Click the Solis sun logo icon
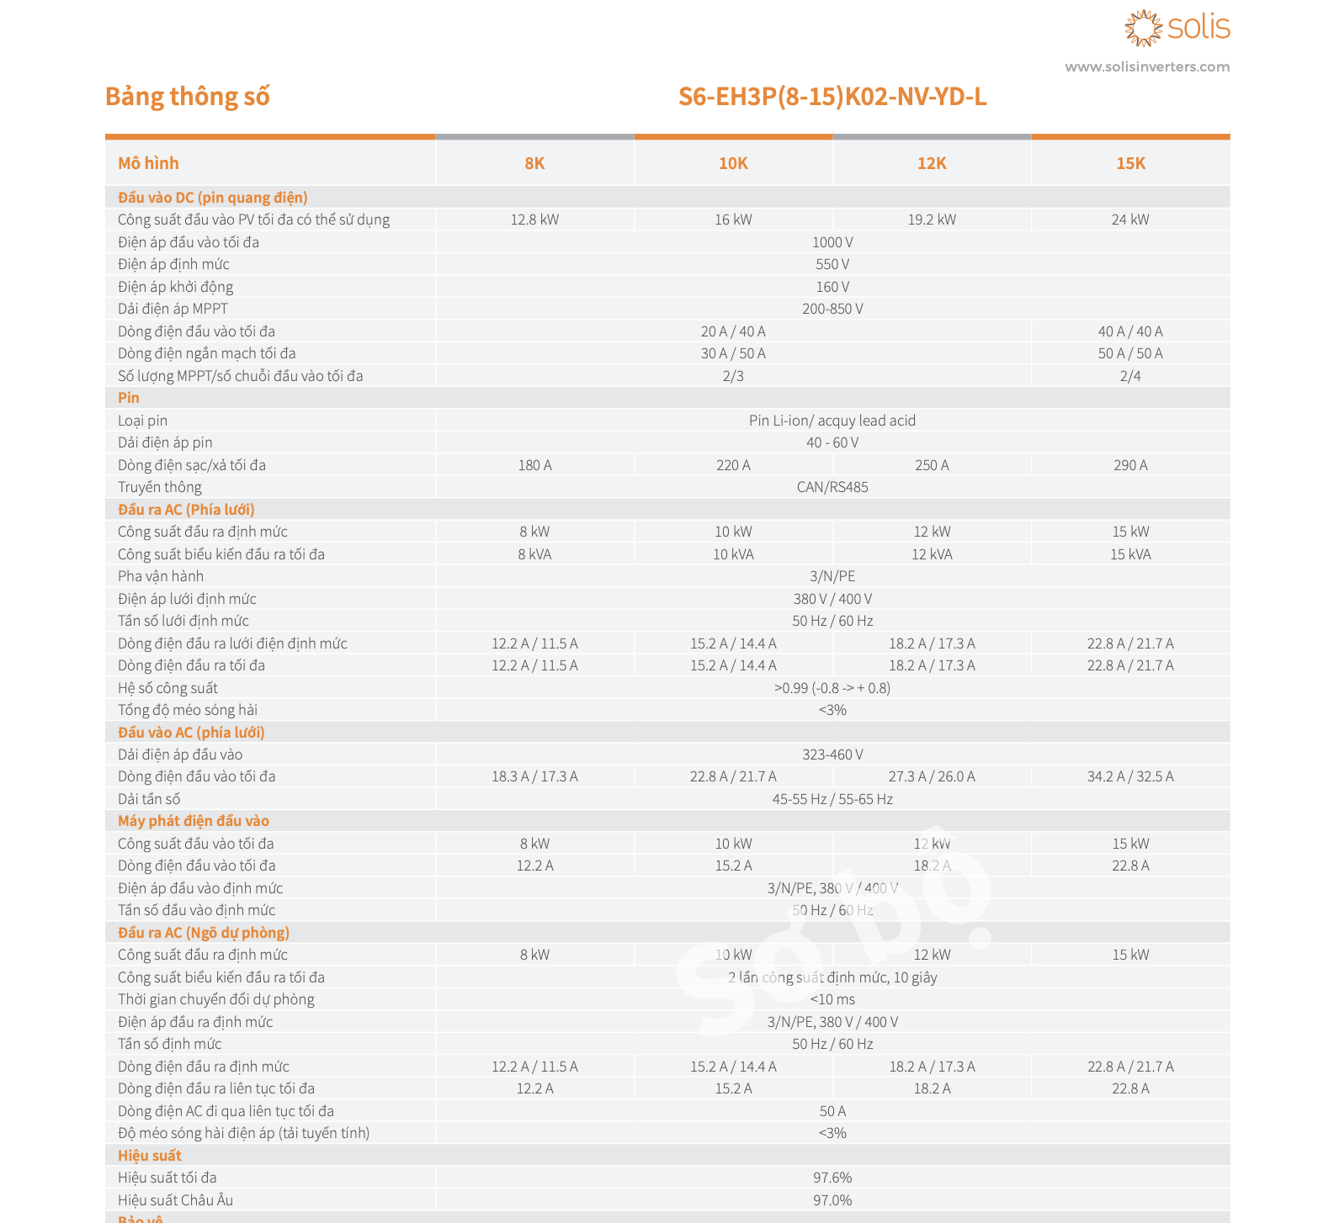[x=1143, y=28]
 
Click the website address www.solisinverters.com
[x=1146, y=67]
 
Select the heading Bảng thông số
[x=187, y=97]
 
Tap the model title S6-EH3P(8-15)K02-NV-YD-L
[x=832, y=97]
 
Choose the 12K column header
[x=932, y=163]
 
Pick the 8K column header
[x=534, y=163]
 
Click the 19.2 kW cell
[x=932, y=220]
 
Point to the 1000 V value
[x=832, y=242]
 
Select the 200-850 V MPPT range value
[x=832, y=309]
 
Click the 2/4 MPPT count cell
[x=1130, y=376]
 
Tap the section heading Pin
[x=129, y=398]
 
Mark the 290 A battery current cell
[x=1130, y=465]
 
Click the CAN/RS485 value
[x=832, y=487]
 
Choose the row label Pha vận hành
[x=161, y=576]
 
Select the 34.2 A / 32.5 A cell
[x=1130, y=776]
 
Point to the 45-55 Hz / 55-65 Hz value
[x=832, y=799]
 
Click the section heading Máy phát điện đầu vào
[x=194, y=821]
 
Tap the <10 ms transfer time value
[x=832, y=999]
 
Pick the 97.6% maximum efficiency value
[x=832, y=1178]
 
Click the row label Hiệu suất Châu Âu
[x=175, y=1200]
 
